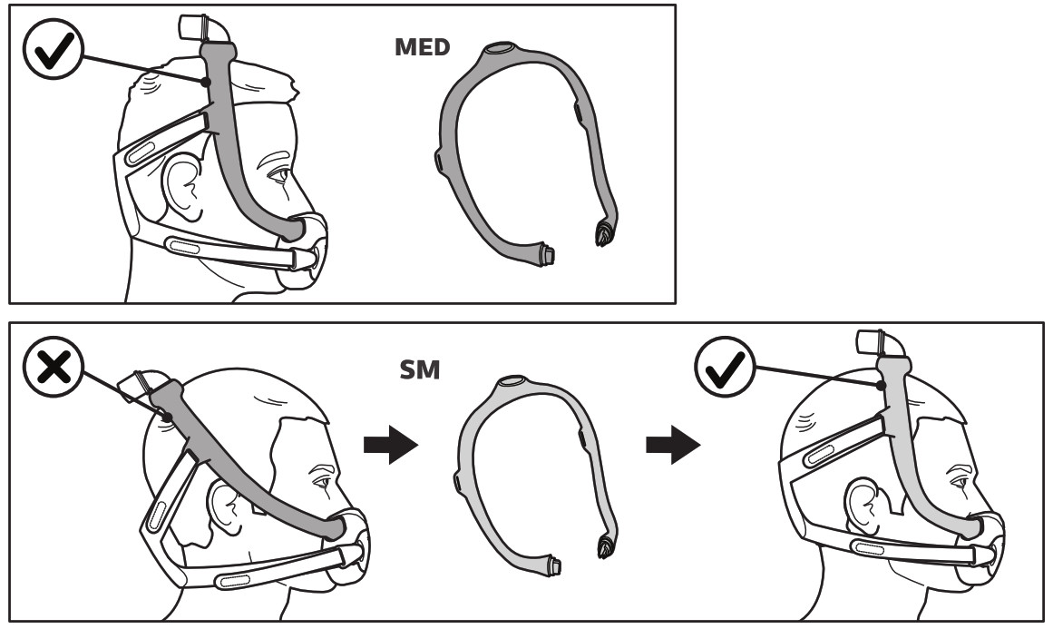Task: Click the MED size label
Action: [x=422, y=47]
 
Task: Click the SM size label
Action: [x=420, y=369]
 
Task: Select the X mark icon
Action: [x=53, y=367]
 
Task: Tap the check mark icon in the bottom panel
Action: [x=726, y=367]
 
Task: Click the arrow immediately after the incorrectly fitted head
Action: [x=391, y=444]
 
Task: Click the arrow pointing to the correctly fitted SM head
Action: [x=673, y=444]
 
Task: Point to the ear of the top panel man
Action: [x=183, y=188]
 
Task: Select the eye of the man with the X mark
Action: [x=322, y=482]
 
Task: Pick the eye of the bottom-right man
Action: [x=959, y=482]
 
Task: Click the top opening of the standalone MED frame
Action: [x=498, y=49]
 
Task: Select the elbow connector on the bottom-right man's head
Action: [x=882, y=344]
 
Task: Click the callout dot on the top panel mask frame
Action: [x=206, y=82]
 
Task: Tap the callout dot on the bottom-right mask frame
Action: [x=881, y=386]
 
